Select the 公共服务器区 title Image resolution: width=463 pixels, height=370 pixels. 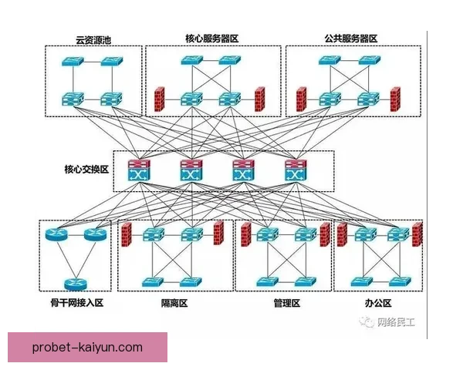351,39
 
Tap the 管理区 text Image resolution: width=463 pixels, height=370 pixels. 286,303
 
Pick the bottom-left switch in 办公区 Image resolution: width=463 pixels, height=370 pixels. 360,281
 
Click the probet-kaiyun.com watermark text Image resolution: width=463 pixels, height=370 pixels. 87,348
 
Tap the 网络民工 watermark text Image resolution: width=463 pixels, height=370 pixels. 395,321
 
